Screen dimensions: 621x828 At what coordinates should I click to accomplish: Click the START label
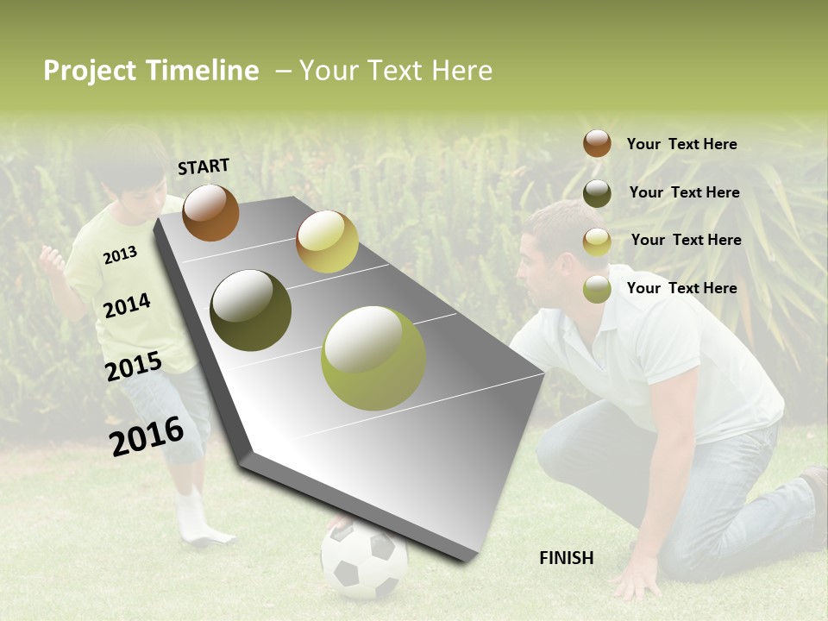(x=204, y=166)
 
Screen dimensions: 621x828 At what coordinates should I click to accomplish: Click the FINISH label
(x=567, y=558)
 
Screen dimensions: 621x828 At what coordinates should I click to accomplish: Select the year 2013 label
(x=120, y=254)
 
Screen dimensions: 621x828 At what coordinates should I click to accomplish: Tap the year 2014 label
(x=127, y=305)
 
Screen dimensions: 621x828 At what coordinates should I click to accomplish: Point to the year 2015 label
(x=134, y=367)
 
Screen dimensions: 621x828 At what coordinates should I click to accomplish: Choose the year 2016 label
(x=147, y=436)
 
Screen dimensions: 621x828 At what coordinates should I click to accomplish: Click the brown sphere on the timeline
(x=210, y=212)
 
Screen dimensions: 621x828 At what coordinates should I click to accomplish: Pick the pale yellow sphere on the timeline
(x=327, y=241)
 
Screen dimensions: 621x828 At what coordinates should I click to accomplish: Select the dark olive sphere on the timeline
(x=251, y=310)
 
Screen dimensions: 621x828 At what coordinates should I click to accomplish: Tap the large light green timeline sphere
(x=373, y=358)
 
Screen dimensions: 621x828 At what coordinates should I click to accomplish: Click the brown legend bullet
(x=597, y=143)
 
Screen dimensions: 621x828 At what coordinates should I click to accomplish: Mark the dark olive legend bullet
(x=597, y=193)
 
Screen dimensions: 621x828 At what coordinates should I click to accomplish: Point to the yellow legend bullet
(x=597, y=241)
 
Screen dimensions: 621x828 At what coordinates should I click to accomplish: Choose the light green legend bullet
(x=597, y=289)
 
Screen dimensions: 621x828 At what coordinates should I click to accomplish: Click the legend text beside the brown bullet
(x=681, y=144)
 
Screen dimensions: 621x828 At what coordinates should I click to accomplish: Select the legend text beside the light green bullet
(x=681, y=288)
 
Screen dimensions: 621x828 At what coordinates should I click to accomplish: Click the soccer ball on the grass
(x=364, y=561)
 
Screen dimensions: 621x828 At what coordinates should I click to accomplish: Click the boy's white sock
(x=193, y=517)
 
